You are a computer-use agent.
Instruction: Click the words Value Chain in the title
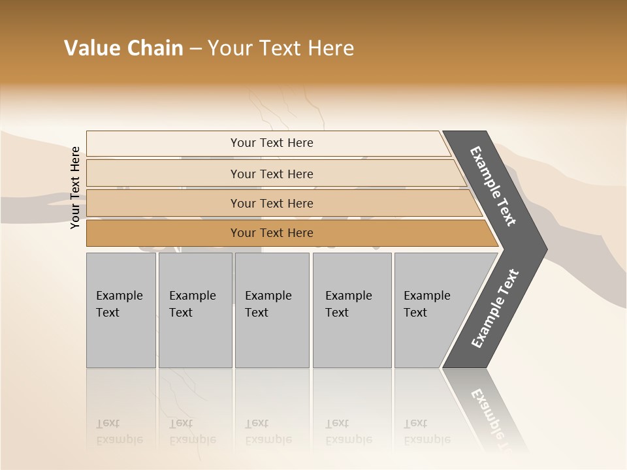(x=123, y=48)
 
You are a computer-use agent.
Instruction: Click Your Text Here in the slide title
(x=281, y=48)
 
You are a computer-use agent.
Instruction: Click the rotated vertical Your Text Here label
(x=75, y=188)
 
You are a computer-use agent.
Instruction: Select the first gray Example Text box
(x=121, y=310)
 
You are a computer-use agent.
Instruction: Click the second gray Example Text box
(x=195, y=310)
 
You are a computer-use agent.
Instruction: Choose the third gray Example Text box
(x=272, y=310)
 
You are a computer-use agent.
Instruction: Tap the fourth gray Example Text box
(x=351, y=310)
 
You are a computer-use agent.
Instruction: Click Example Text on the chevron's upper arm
(x=493, y=186)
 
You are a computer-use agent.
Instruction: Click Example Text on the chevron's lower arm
(x=495, y=309)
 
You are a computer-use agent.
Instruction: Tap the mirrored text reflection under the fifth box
(x=426, y=432)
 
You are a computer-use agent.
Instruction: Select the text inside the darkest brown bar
(x=272, y=233)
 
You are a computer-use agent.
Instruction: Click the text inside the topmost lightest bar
(x=272, y=143)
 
